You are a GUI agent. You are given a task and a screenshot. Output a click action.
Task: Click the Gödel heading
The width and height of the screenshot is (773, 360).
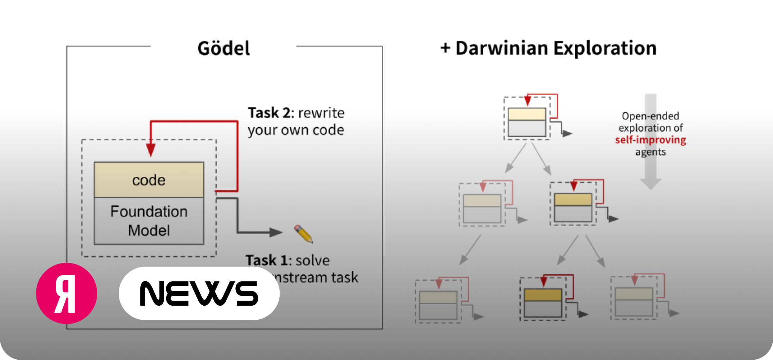(223, 48)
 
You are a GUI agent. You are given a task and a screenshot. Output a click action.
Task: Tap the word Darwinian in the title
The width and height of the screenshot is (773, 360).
(502, 48)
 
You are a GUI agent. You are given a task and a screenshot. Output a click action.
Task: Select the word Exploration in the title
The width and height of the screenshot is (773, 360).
(605, 48)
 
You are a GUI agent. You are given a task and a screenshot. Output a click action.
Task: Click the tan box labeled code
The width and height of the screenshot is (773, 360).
(149, 180)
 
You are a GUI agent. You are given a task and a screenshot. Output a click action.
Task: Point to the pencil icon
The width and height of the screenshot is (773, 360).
(303, 234)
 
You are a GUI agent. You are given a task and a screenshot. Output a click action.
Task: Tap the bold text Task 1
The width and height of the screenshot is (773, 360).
(266, 260)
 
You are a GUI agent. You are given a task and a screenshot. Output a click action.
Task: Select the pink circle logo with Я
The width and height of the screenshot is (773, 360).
(67, 293)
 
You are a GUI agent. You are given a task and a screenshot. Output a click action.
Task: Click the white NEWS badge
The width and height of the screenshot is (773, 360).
(199, 293)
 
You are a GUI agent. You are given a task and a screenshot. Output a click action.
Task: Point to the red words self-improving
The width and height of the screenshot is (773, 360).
(650, 140)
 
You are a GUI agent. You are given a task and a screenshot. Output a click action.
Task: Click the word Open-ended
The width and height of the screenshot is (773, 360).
(650, 116)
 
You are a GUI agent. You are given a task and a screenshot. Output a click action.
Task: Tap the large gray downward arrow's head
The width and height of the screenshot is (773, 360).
(650, 184)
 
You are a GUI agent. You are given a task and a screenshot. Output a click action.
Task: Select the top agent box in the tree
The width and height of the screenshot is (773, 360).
(527, 122)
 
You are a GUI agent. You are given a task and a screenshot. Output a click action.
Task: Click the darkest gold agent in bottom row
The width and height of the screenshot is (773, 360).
(543, 302)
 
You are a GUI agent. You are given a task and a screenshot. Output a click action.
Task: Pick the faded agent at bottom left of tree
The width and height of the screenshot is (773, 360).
(438, 305)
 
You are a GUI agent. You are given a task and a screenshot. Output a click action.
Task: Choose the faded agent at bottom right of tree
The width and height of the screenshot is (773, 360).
(634, 301)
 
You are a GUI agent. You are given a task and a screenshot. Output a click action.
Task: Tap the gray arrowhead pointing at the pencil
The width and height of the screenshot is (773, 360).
(276, 232)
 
